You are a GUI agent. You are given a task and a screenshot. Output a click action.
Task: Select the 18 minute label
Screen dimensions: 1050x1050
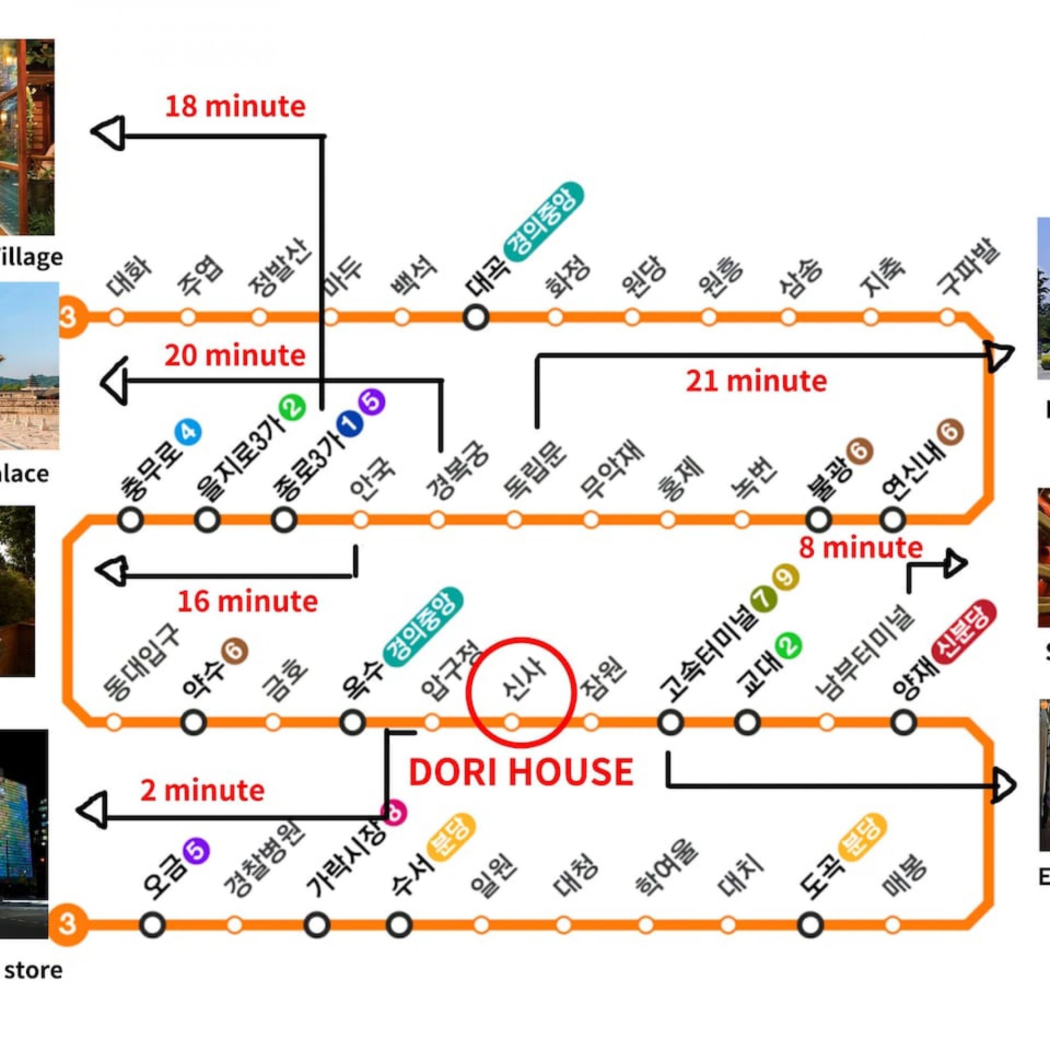pos(235,107)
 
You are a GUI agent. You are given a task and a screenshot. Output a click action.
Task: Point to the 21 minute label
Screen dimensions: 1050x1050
pos(756,382)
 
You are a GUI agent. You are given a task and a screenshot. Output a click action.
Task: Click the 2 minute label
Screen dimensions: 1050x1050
pos(202,791)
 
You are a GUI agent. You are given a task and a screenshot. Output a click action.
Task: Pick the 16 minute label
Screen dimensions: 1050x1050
pos(247,602)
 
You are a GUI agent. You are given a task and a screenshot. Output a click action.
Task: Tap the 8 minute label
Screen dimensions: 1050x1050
pos(860,548)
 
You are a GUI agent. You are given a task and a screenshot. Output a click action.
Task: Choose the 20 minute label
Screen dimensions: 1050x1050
pos(235,356)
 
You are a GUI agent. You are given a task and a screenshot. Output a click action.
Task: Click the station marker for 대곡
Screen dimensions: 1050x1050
pos(476,317)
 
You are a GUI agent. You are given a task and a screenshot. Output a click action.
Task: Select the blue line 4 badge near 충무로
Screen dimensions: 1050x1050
pos(188,433)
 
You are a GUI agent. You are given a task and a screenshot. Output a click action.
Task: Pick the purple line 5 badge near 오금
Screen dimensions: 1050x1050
pos(196,852)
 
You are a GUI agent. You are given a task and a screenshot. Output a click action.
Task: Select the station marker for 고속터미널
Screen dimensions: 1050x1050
pos(670,722)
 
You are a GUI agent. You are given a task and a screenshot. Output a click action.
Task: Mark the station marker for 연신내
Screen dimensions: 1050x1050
pos(892,520)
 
